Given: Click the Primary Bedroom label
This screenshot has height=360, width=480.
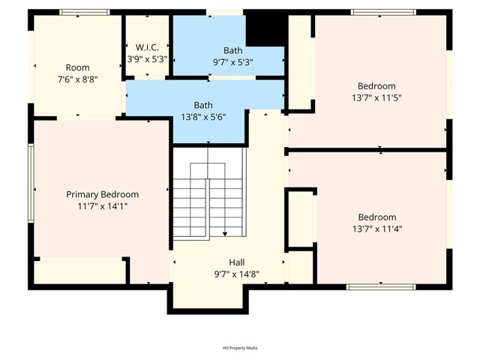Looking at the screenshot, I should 102,194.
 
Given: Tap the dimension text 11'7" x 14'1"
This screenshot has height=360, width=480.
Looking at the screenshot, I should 102,205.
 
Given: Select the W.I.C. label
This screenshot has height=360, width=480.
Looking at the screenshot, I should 147,46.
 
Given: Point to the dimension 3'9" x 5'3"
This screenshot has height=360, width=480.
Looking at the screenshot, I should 147,58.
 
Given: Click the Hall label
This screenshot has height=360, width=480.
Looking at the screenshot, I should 236,262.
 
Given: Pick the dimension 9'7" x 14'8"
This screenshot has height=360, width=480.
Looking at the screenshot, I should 236,274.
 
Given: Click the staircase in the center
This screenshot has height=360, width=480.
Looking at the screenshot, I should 208,195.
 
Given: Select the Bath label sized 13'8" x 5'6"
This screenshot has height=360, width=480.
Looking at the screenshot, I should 203,105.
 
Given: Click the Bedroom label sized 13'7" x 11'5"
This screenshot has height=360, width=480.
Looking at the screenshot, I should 376,86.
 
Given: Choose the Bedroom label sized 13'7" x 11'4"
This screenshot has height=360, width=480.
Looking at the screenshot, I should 376,217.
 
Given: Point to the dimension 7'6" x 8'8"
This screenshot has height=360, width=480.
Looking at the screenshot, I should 78,79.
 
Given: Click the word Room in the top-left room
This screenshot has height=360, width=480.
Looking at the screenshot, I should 78,67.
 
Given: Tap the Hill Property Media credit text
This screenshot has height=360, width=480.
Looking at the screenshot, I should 240,348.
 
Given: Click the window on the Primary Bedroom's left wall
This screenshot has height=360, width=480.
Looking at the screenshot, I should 31,183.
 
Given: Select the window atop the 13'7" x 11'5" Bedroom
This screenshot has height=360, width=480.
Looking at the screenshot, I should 382,12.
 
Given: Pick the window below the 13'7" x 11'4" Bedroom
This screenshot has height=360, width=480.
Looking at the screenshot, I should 381,286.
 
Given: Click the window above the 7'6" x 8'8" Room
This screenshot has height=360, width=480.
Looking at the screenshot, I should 79,12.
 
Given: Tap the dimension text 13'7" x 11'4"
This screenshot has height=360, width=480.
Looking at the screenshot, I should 376,229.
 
